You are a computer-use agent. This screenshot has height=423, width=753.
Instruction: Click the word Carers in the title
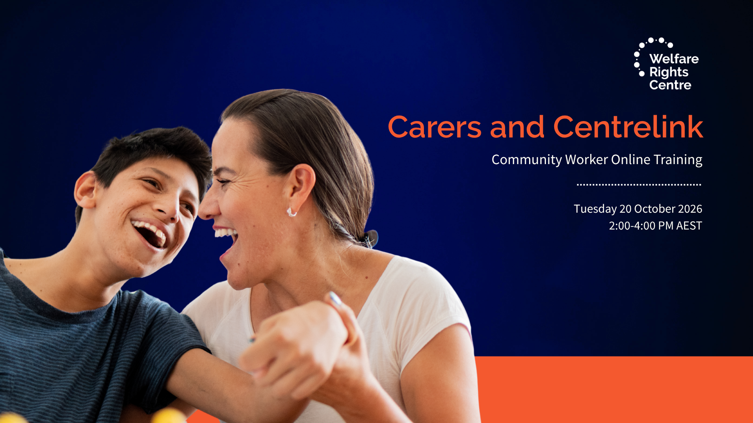pos(435,127)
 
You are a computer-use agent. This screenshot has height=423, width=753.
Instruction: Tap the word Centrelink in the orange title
pos(628,127)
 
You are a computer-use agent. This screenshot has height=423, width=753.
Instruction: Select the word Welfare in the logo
pos(674,59)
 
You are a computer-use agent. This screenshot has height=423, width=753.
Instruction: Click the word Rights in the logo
pos(669,72)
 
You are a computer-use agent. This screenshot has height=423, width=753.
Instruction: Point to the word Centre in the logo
pos(670,85)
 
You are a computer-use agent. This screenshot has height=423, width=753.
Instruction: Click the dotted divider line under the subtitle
pos(639,184)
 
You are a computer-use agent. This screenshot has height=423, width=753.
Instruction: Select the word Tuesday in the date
pos(595,209)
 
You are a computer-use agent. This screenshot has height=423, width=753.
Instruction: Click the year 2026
pos(690,209)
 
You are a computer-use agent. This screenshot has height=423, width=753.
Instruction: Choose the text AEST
pos(689,226)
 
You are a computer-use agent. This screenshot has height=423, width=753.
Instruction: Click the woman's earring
pos(291,212)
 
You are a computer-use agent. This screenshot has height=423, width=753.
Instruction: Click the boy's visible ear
pos(85,191)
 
